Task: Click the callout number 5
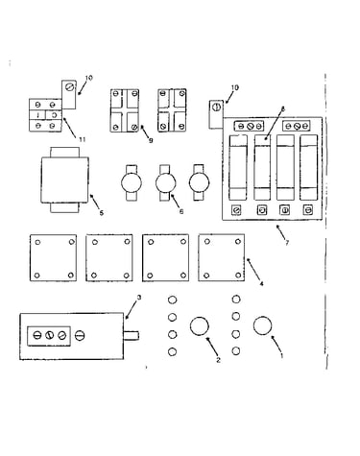point(102,213)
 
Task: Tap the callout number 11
point(83,139)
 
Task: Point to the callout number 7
point(287,243)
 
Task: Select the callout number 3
point(139,298)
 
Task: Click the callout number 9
point(151,140)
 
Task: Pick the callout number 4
point(261,283)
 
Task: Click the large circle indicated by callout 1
point(263,325)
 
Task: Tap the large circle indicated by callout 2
point(200,326)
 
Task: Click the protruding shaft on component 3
point(132,336)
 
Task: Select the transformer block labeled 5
point(64,180)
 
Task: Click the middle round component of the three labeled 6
point(166,183)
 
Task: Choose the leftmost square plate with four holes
point(53,258)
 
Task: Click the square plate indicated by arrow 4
point(222,257)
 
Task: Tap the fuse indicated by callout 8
point(262,167)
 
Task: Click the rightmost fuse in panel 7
point(309,167)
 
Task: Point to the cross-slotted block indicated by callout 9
point(125,110)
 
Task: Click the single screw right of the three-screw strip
point(80,336)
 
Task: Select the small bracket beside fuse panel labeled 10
point(216,114)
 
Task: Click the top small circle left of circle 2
point(172,300)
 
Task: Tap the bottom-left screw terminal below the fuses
point(236,210)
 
